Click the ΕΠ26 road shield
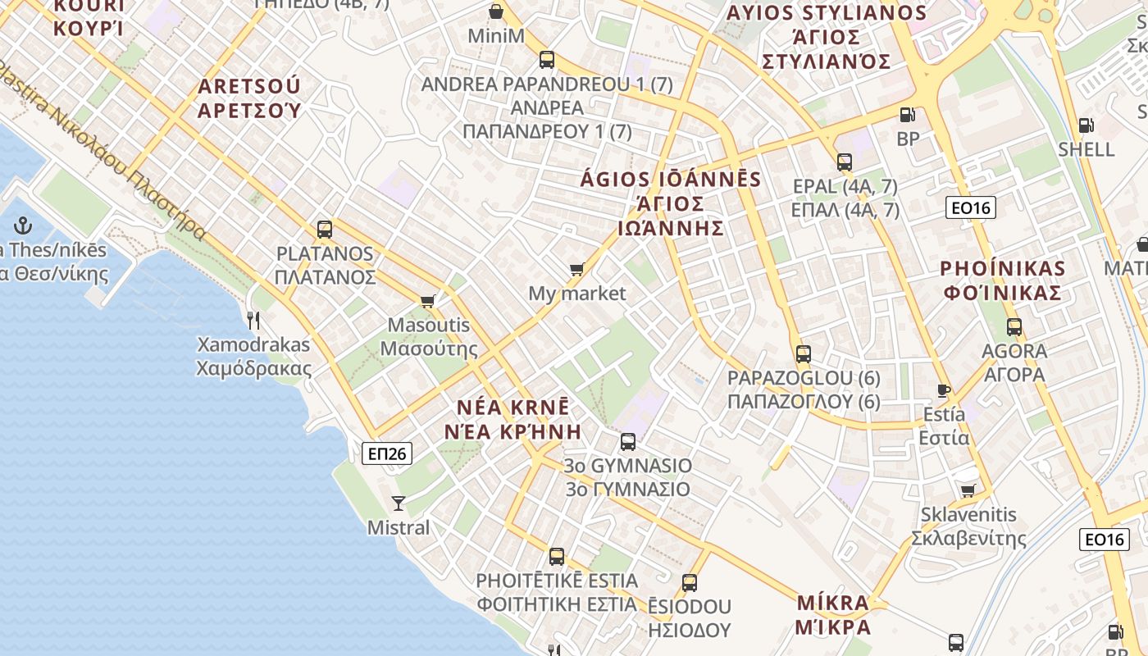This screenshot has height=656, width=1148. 386,453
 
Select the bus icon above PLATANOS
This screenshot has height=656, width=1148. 325,230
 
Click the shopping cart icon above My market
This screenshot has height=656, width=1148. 577,269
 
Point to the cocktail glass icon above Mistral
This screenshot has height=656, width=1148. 399,503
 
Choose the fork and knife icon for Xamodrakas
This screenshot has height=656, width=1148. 253,320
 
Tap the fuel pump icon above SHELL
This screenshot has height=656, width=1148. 1086,125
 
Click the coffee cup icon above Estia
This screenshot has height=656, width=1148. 944,390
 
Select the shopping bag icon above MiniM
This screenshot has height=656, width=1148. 496,11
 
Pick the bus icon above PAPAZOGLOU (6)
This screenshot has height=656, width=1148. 804,354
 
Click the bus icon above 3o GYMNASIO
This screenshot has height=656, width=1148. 628,441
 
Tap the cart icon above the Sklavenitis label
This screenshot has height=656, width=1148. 968,490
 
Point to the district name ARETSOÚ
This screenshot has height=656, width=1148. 249,86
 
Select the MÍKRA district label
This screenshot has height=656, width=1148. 832,604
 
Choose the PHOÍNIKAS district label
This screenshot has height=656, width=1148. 1002,268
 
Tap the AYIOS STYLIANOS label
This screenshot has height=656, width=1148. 826,13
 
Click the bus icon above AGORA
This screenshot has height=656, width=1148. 1014,327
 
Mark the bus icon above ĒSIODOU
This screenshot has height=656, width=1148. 690,583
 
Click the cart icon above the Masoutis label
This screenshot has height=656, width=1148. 427,301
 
